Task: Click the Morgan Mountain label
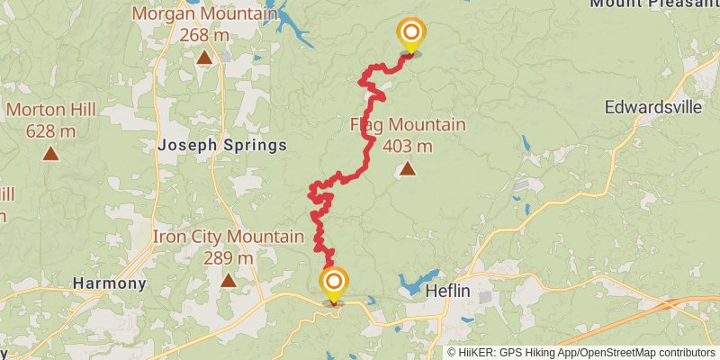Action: (x=204, y=14)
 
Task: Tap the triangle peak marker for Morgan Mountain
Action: (x=205, y=58)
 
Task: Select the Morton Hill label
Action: (x=49, y=111)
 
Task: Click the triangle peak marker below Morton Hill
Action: (x=50, y=153)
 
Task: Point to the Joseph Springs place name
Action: (x=221, y=145)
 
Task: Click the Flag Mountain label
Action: (x=408, y=125)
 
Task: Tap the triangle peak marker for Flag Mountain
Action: (x=408, y=168)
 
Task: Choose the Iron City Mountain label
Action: (x=228, y=237)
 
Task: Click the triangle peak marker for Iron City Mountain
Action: (x=229, y=280)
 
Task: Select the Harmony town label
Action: (x=109, y=283)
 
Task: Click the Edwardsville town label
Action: (x=653, y=106)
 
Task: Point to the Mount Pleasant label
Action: (x=653, y=4)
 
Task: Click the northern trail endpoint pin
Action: (x=411, y=35)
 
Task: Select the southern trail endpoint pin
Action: (x=334, y=283)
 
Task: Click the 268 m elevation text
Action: (x=204, y=35)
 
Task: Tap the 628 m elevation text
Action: (x=49, y=131)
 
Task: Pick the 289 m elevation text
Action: (x=228, y=257)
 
